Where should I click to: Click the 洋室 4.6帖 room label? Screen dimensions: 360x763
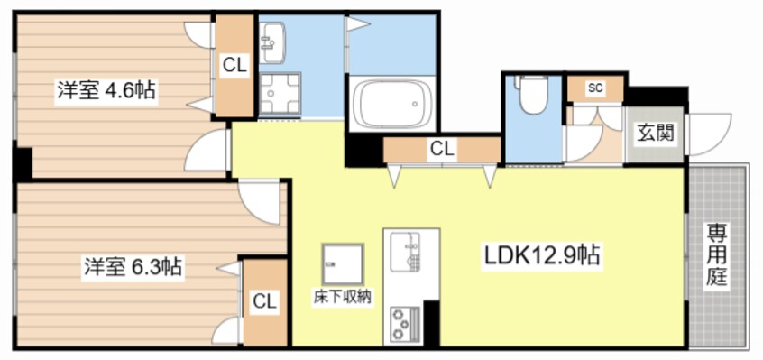tap(106, 90)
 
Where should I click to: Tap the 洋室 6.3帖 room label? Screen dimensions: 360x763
tap(133, 266)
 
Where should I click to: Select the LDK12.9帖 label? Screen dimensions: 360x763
tap(538, 254)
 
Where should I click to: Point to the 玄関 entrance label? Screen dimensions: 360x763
tap(654, 134)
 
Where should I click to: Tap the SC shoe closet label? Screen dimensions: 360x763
tap(595, 88)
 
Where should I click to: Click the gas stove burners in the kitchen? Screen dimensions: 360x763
tap(403, 322)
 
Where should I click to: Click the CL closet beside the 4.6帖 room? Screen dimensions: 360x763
tap(235, 65)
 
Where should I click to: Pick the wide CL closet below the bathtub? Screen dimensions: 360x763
tap(442, 148)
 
